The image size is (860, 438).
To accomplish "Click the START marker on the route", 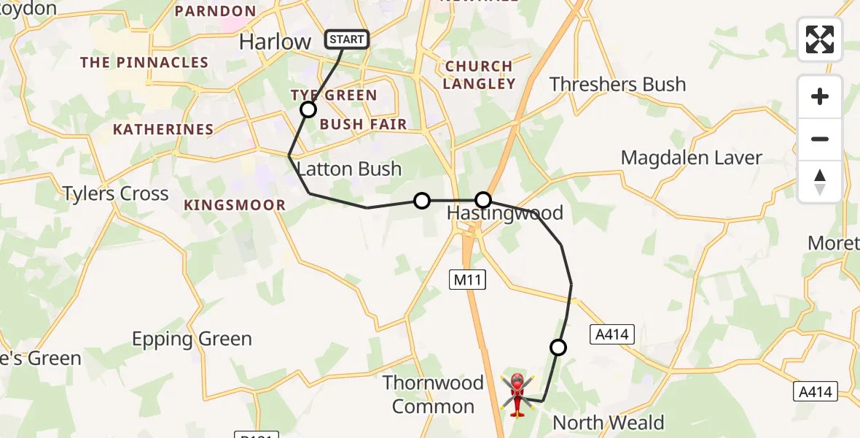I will tap(347, 39).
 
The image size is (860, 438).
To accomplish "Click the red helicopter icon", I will tap(517, 394).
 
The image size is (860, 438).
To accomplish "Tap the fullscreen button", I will tap(820, 39).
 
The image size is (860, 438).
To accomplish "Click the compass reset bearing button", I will tap(820, 182).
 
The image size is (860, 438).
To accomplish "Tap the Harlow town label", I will tap(275, 42).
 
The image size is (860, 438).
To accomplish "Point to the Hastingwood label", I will tap(504, 213).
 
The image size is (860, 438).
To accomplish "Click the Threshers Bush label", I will tap(617, 85).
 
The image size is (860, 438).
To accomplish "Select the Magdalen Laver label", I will tap(691, 158).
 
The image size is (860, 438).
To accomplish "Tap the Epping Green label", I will tap(192, 339).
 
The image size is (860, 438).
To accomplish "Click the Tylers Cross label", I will tap(115, 193).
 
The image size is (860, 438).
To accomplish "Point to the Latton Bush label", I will tap(349, 169).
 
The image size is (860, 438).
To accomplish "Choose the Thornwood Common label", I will tap(433, 394).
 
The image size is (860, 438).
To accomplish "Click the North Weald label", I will tap(608, 422).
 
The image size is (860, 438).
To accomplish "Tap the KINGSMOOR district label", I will tap(235, 205).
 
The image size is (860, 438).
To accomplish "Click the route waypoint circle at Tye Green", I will tap(308, 109).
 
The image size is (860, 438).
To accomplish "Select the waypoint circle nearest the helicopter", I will tap(558, 347).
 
